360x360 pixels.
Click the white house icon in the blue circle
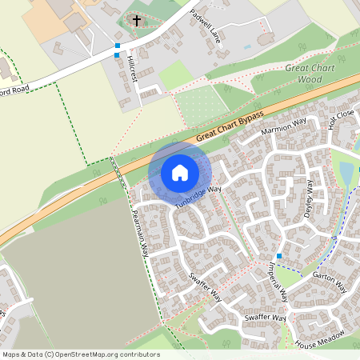click(180, 172)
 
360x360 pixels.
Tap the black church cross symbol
click(136, 20)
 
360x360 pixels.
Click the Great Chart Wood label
click(309, 74)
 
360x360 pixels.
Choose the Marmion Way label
click(284, 125)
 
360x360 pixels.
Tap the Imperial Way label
click(278, 283)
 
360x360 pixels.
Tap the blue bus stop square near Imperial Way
click(279, 255)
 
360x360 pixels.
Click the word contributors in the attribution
click(139, 354)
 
